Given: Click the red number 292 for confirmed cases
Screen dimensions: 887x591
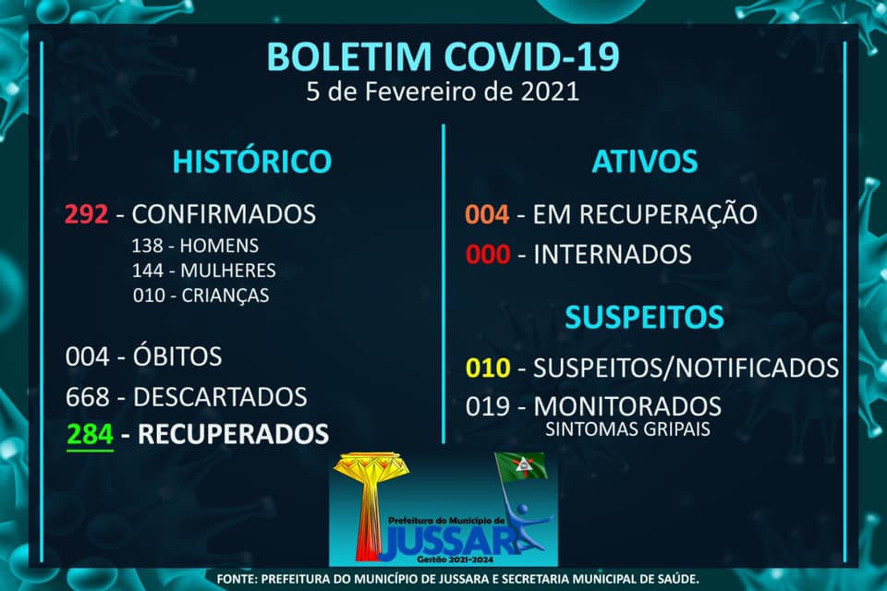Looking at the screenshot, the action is (x=86, y=214).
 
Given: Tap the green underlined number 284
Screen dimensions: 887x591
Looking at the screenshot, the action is (x=90, y=434).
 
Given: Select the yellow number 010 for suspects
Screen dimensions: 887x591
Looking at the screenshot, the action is (x=488, y=368).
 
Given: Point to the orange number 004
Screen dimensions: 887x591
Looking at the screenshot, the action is (x=487, y=214).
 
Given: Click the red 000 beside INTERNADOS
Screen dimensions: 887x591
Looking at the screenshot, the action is (x=488, y=255).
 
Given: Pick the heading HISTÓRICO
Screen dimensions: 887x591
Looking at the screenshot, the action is (x=251, y=162).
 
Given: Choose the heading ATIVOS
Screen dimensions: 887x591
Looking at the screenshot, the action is (x=645, y=162).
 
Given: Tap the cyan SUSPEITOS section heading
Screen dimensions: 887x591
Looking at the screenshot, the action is (x=644, y=317).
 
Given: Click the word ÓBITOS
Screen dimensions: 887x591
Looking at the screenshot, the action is (x=177, y=356).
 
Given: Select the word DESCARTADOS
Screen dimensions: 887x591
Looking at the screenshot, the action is (x=220, y=397).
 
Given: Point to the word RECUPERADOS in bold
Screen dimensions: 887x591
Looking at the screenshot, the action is (x=233, y=434).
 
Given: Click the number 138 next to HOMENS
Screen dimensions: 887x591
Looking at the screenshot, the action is (x=147, y=246).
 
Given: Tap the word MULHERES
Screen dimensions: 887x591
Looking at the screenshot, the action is (x=228, y=271).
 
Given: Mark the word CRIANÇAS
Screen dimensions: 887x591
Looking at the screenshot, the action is (x=225, y=295).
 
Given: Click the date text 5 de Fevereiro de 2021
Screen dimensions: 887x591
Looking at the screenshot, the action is (x=443, y=91).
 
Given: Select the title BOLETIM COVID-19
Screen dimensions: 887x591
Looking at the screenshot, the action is (x=443, y=56).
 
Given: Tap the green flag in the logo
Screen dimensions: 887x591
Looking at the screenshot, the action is (x=521, y=466).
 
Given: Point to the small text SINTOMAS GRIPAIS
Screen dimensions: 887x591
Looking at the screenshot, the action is (x=627, y=429).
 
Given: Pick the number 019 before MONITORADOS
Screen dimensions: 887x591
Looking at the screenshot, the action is (x=488, y=406).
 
